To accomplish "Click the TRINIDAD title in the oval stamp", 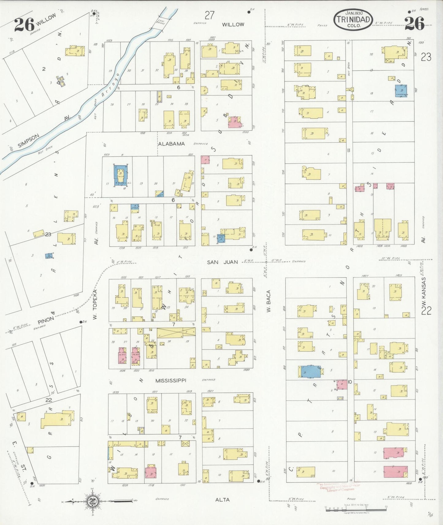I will click(x=353, y=19).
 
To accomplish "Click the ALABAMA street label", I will click(x=171, y=144).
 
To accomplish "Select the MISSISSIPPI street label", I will click(x=170, y=380).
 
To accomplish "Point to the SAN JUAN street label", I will click(x=222, y=262).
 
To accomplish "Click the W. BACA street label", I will click(x=269, y=301).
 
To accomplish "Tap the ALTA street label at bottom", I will click(x=222, y=500).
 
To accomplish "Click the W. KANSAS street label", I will click(x=424, y=292).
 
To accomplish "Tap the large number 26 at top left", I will click(x=24, y=24).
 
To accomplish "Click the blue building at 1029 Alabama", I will click(x=120, y=176).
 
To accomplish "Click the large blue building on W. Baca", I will click(x=311, y=371).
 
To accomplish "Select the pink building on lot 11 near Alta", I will click(x=395, y=472).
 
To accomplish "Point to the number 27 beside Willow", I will click(x=210, y=15).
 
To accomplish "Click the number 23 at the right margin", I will click(x=426, y=57).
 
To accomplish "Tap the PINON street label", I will click(x=46, y=320).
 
